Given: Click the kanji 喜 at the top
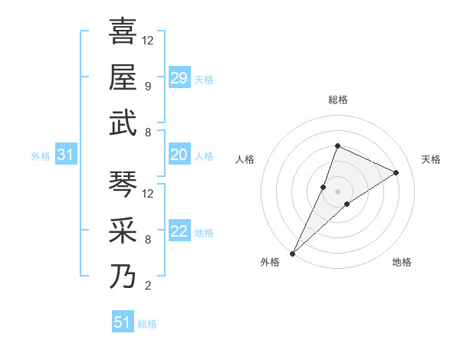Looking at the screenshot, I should tap(123, 31).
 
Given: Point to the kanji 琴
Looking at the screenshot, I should tap(123, 184).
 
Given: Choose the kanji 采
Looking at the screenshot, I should tap(123, 230).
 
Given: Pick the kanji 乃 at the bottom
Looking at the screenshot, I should tap(123, 276).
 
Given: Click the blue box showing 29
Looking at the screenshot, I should tap(179, 77).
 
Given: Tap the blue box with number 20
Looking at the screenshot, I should tap(179, 155).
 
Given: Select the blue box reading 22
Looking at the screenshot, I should tap(179, 232).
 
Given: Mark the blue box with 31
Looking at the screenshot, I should tap(66, 155).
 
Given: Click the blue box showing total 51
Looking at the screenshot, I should tap(123, 322).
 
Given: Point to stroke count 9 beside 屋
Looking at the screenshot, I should tap(148, 86).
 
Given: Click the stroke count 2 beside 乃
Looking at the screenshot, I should tap(148, 286).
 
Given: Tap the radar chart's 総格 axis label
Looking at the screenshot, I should tap(337, 100).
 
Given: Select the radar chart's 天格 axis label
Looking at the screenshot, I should tap(431, 159).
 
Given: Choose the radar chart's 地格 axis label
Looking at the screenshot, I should tap(402, 262).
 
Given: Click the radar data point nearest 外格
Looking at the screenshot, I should tap(292, 253).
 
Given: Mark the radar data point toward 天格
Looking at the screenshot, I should tap(396, 172).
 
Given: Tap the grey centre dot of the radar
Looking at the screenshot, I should tap(337, 191).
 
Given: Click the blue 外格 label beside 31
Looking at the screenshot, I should tap(41, 156).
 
